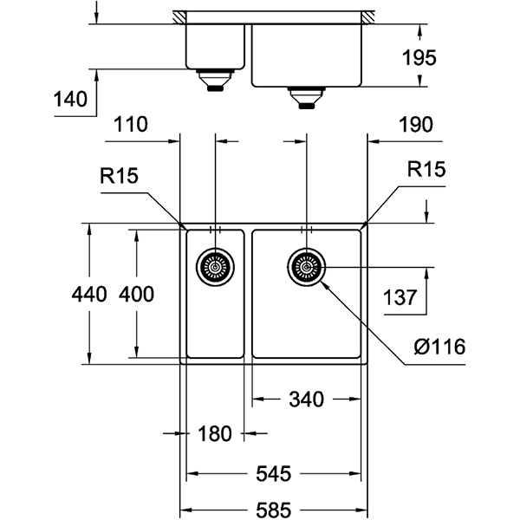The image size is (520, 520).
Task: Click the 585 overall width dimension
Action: [x=274, y=510]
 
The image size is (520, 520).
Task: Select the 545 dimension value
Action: [x=274, y=474]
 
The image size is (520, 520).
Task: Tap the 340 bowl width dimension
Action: [x=305, y=400]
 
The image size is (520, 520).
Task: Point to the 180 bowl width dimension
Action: [x=214, y=434]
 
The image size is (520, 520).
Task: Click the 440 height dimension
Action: [x=88, y=294]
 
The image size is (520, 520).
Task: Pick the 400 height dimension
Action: [x=136, y=294]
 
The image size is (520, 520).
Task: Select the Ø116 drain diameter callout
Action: [x=439, y=348]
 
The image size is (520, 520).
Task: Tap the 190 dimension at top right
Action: [x=415, y=125]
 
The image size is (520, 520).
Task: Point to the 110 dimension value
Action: [x=130, y=125]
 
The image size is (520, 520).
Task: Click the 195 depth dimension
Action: [x=419, y=58]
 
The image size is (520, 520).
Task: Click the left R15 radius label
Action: [x=119, y=177]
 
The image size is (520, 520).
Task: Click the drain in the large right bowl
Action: [x=306, y=267]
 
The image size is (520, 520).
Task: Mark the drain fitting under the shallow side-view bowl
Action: [x=214, y=81]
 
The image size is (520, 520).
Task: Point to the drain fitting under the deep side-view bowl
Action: [x=306, y=96]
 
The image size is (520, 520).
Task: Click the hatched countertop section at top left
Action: [x=180, y=16]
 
